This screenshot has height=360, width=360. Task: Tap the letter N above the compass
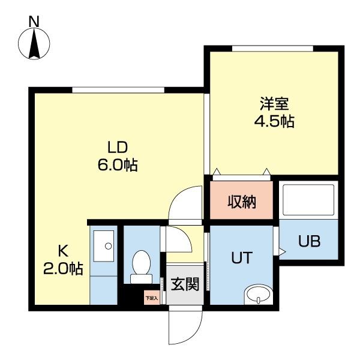click(34, 20)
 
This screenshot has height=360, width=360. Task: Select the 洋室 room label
click(272, 103)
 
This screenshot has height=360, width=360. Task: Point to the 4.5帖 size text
click(273, 121)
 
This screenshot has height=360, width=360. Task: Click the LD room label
click(118, 146)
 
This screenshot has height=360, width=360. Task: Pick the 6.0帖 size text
click(118, 164)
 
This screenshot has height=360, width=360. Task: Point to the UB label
click(310, 242)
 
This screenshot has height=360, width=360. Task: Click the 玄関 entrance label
click(184, 284)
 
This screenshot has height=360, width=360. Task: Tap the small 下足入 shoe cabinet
click(152, 296)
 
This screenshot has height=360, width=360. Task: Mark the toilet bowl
click(142, 264)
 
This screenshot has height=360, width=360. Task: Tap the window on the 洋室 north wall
click(273, 49)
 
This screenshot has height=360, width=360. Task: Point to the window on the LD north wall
click(118, 91)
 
